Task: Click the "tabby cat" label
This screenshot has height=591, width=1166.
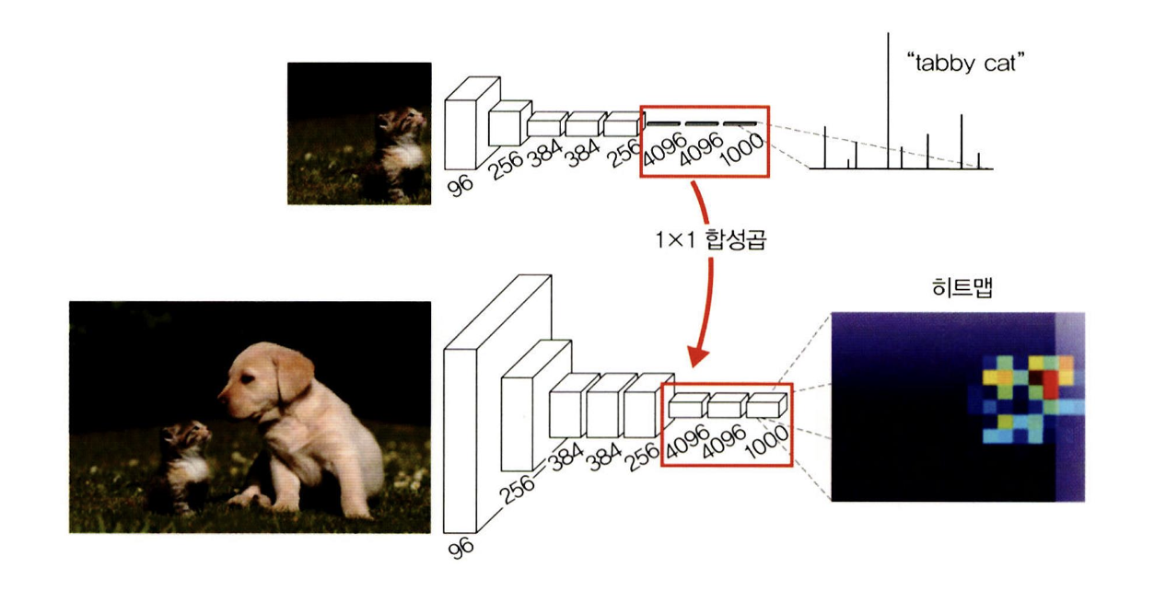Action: [965, 64]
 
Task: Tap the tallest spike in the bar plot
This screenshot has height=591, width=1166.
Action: [888, 100]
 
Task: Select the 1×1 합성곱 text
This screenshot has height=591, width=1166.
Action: [711, 240]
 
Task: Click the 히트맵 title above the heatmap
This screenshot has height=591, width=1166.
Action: [962, 286]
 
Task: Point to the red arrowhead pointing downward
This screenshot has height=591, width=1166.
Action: [697, 356]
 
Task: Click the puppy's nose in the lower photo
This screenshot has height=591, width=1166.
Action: [222, 399]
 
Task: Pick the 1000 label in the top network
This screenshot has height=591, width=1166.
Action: [742, 148]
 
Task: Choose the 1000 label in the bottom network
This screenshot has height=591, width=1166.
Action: [767, 441]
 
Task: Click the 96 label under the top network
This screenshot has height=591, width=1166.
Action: [461, 185]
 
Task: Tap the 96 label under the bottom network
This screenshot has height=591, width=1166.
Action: [461, 548]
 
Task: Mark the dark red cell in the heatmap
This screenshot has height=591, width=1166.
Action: [1036, 377]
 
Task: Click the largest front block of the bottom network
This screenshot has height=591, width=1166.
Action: [461, 441]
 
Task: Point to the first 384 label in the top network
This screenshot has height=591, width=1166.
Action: [545, 153]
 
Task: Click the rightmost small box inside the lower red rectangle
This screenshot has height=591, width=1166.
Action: [766, 405]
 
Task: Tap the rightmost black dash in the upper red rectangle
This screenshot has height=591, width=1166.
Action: [740, 124]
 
